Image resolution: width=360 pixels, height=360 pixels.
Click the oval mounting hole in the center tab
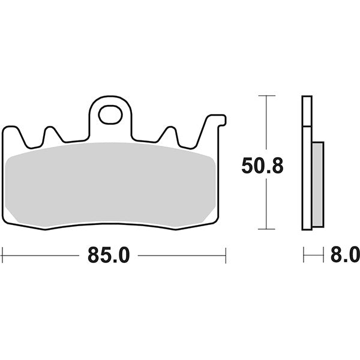tap(110, 114)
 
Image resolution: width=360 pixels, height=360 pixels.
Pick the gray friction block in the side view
tap(318, 184)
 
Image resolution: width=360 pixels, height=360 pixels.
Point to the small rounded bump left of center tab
tap(50, 132)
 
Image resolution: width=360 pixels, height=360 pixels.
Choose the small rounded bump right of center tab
tap(170, 132)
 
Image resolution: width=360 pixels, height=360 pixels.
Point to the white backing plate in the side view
tap(307, 162)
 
